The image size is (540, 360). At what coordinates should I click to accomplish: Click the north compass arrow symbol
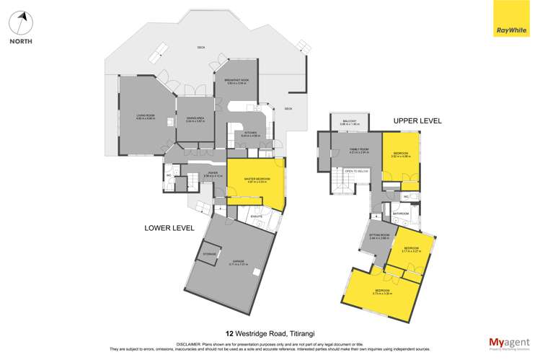click(x=22, y=22)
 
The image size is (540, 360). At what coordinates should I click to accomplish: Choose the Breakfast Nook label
click(x=236, y=82)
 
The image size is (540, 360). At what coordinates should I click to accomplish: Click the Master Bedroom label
click(x=257, y=180)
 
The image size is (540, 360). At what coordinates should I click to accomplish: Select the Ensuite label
click(x=256, y=216)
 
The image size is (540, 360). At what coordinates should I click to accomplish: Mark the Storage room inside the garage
click(x=209, y=254)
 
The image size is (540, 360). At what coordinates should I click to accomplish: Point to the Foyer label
click(x=213, y=173)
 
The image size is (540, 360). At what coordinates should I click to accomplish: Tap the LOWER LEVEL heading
click(x=169, y=228)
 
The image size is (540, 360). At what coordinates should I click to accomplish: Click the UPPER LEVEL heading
click(x=417, y=120)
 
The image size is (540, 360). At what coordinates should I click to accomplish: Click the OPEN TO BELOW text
click(x=355, y=171)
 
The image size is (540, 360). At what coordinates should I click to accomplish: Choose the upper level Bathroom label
click(x=401, y=214)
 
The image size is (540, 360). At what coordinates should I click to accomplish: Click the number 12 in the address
click(x=229, y=333)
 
